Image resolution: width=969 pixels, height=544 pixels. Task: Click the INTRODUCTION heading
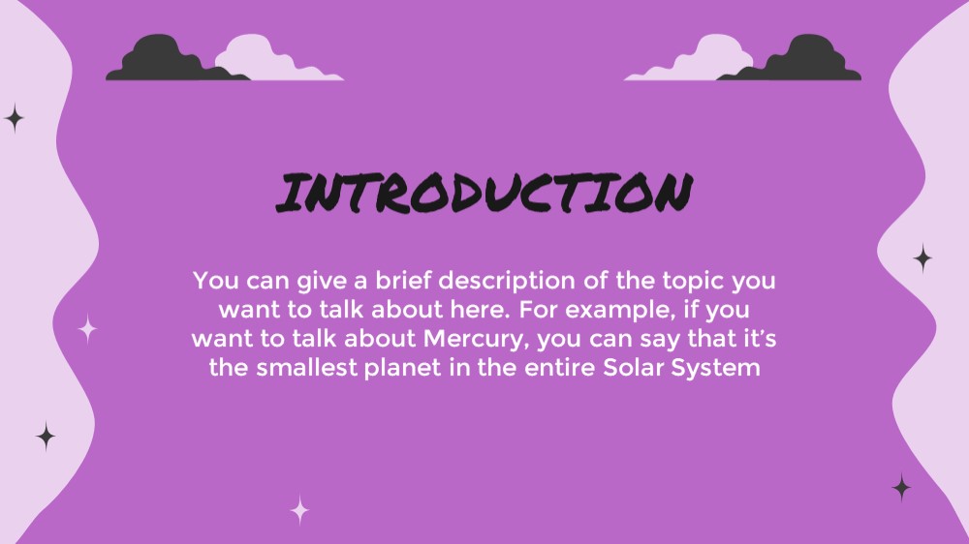pyautogui.click(x=484, y=193)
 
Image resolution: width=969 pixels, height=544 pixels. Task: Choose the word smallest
pyautogui.click(x=306, y=368)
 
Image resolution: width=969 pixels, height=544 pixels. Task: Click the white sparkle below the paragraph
pyautogui.click(x=299, y=510)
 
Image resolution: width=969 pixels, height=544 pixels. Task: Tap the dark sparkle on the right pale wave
pyautogui.click(x=922, y=258)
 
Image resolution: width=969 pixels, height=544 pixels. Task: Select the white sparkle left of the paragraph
pyautogui.click(x=88, y=328)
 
